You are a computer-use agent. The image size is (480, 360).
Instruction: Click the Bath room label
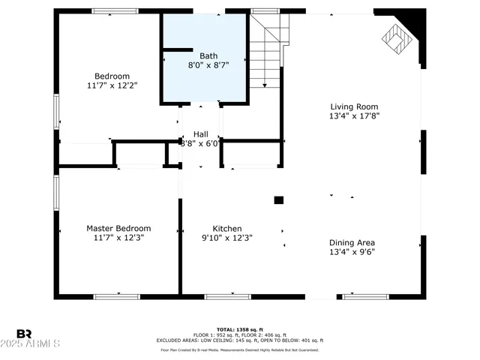(x=208, y=55)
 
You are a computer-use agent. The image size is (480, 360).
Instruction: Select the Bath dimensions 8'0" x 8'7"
(x=208, y=65)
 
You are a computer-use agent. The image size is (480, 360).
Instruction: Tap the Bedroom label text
(x=112, y=76)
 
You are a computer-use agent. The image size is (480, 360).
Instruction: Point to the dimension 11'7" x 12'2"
(x=112, y=85)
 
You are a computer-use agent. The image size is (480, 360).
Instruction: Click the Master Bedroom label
(x=118, y=228)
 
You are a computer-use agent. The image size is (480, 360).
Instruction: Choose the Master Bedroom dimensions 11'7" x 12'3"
(x=118, y=238)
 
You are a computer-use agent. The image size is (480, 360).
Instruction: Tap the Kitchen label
(x=226, y=228)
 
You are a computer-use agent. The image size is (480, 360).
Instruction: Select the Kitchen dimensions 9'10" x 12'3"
(x=226, y=238)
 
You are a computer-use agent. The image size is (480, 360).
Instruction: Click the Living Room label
(x=355, y=106)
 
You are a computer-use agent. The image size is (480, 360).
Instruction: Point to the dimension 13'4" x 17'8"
(x=355, y=116)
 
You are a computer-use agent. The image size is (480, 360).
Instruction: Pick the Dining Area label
(x=352, y=242)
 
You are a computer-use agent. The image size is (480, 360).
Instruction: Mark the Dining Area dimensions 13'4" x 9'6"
(x=352, y=252)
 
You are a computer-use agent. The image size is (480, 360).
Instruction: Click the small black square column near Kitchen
(x=278, y=200)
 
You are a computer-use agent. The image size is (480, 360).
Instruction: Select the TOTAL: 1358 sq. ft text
(x=239, y=329)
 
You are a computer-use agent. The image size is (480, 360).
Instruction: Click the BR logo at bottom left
(x=25, y=333)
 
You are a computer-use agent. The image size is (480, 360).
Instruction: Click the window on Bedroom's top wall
(x=115, y=10)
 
